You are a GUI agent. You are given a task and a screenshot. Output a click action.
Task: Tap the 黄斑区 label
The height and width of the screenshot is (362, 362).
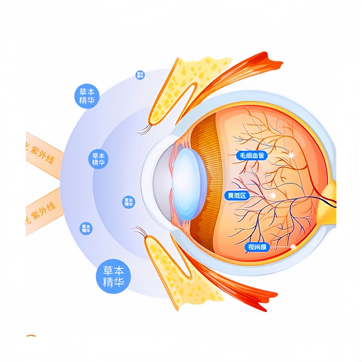click(x=236, y=196)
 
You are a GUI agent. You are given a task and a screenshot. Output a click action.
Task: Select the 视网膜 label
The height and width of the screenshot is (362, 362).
click(x=258, y=247)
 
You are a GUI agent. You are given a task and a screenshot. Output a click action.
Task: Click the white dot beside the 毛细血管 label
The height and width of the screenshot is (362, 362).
click(x=291, y=155)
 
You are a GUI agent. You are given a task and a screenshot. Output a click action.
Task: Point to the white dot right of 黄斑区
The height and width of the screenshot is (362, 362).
click(x=273, y=195)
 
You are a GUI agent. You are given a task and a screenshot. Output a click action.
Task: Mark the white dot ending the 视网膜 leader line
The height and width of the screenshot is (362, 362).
click(x=293, y=247)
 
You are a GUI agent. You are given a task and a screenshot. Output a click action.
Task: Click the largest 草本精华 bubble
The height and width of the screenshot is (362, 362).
click(x=114, y=276)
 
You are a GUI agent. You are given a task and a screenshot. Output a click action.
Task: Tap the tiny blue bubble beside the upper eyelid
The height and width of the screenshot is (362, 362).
click(x=140, y=75)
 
